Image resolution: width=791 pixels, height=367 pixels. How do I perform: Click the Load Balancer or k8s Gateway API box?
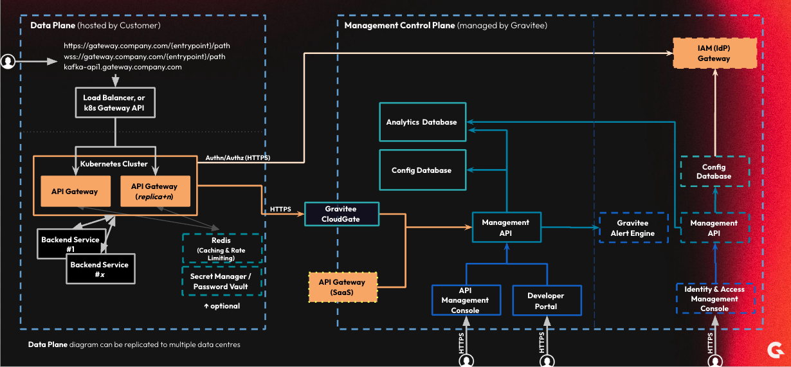[115, 103]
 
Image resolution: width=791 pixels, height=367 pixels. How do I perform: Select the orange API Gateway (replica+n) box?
[156, 191]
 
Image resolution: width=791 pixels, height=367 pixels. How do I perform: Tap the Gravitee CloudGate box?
[341, 214]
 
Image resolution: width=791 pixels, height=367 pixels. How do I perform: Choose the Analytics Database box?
[423, 122]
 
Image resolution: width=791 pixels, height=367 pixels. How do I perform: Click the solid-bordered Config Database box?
[423, 170]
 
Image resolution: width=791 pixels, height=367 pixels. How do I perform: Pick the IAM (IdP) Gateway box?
[714, 53]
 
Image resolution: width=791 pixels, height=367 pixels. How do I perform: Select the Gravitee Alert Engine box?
[633, 228]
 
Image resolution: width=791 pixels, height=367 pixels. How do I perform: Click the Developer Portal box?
[547, 301]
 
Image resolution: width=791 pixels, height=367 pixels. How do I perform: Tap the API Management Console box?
[466, 300]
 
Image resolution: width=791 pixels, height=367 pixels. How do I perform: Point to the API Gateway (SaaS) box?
[343, 287]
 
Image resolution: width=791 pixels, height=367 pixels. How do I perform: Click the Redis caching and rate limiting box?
[222, 249]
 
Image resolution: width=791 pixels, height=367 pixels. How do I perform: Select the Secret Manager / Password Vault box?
[222, 282]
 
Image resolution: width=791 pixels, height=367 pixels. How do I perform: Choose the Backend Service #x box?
[100, 269]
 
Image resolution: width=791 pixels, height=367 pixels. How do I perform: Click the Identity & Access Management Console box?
[715, 298]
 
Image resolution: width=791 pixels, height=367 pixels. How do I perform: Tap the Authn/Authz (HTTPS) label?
[238, 157]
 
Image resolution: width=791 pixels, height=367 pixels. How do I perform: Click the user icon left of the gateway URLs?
[8, 62]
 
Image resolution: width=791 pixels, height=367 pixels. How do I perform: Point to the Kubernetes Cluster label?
[114, 164]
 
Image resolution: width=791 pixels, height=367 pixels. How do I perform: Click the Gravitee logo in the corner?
[776, 350]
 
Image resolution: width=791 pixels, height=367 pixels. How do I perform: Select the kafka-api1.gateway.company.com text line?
[123, 67]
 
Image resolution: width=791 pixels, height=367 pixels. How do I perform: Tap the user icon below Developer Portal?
[547, 361]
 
